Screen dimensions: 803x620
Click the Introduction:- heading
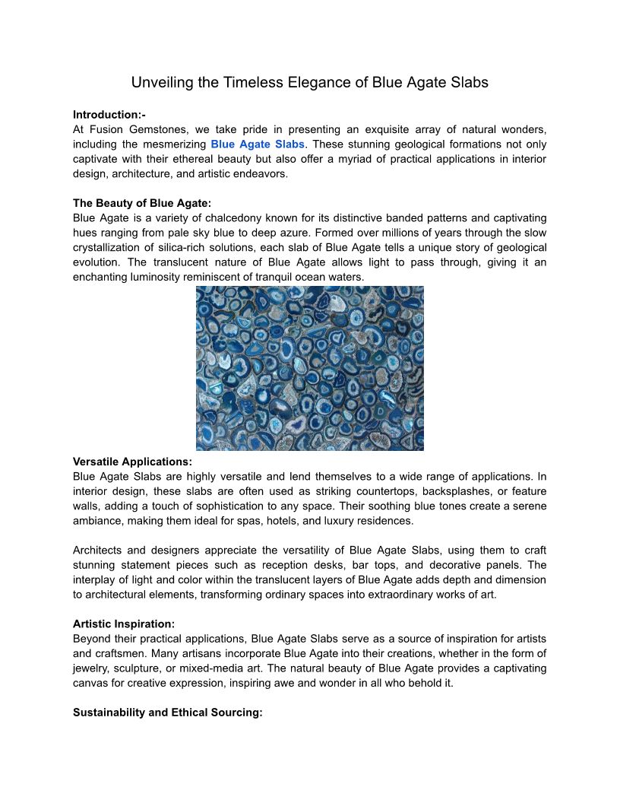point(109,115)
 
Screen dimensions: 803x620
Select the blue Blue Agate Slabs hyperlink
point(258,144)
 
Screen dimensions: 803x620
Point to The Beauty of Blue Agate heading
point(142,203)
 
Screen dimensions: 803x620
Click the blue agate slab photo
point(309,368)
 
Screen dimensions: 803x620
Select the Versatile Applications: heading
point(132,462)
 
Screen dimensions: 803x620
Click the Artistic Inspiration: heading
point(124,624)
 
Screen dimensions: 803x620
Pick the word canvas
point(93,683)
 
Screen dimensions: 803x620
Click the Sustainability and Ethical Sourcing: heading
point(168,713)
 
